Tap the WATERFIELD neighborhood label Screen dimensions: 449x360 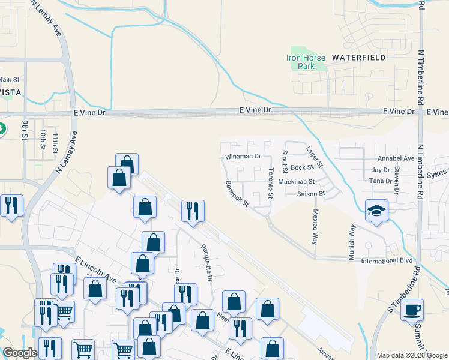click(x=358, y=58)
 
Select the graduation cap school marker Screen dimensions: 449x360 click(x=376, y=211)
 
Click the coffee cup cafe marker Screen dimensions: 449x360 click(x=412, y=310)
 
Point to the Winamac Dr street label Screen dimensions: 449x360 click(x=243, y=156)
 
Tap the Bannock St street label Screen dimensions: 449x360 click(x=237, y=193)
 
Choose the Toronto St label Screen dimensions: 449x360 click(x=271, y=184)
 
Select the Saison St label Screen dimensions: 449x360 click(x=311, y=194)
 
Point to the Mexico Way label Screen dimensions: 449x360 click(x=314, y=227)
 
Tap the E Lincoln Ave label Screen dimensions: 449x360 click(x=96, y=269)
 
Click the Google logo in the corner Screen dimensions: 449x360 click(x=20, y=353)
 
